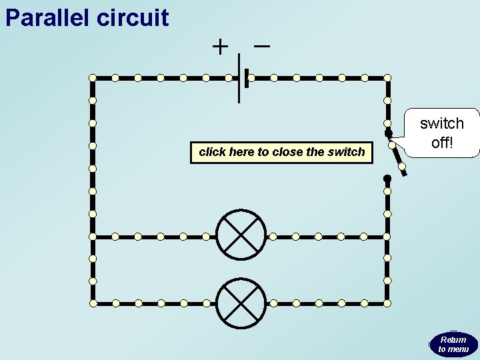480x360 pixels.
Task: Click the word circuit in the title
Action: click(133, 17)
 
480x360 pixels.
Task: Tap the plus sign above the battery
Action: click(219, 47)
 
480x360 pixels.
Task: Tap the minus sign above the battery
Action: click(262, 46)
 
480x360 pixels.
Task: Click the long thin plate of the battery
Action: click(239, 78)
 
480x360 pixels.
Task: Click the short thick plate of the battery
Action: click(247, 78)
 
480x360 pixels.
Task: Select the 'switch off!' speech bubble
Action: click(441, 133)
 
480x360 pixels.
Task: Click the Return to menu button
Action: click(453, 344)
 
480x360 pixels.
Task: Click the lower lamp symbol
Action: click(241, 303)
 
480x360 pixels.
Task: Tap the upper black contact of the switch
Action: click(388, 133)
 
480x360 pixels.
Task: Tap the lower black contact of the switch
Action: click(387, 178)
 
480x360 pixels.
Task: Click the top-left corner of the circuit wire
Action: click(93, 78)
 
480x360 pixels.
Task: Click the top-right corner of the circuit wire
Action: click(387, 78)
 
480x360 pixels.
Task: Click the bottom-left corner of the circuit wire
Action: click(93, 303)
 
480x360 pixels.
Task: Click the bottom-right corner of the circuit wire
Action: click(387, 303)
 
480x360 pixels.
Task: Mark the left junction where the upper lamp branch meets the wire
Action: click(93, 236)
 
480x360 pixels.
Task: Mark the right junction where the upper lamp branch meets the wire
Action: click(387, 236)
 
